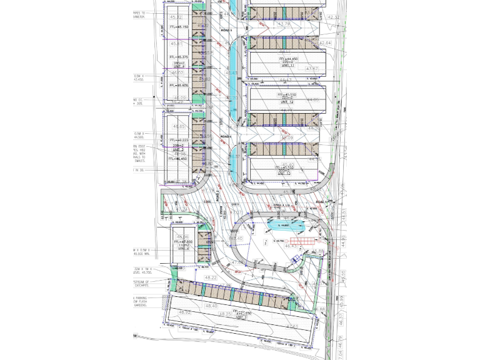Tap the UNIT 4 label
coord(178,66)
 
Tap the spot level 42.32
coord(333,17)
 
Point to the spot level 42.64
coord(326,43)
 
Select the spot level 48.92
coord(184,311)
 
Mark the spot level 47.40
coord(236,238)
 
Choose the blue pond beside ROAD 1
coord(285,225)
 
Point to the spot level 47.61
coord(291,326)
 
